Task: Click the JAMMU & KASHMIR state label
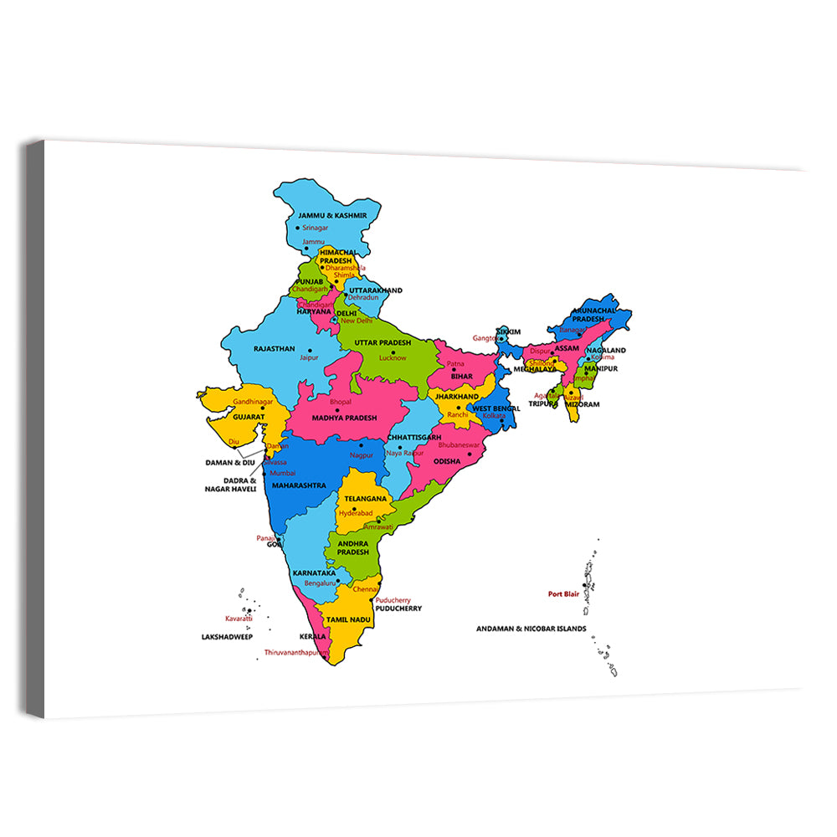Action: [332, 215]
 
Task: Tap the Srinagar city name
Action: [315, 228]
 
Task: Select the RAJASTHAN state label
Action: [275, 348]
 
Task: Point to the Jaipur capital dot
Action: [310, 351]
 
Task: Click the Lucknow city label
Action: [393, 357]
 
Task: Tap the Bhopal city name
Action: [341, 402]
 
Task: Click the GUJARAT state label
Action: [249, 416]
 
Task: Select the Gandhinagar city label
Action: [254, 402]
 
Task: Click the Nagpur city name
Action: [362, 454]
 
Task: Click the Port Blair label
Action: [564, 594]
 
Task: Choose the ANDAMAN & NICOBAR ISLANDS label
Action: [531, 629]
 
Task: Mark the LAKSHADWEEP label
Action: [227, 637]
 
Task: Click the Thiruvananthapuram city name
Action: [297, 652]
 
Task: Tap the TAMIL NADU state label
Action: [348, 619]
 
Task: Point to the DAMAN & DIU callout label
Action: [230, 462]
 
